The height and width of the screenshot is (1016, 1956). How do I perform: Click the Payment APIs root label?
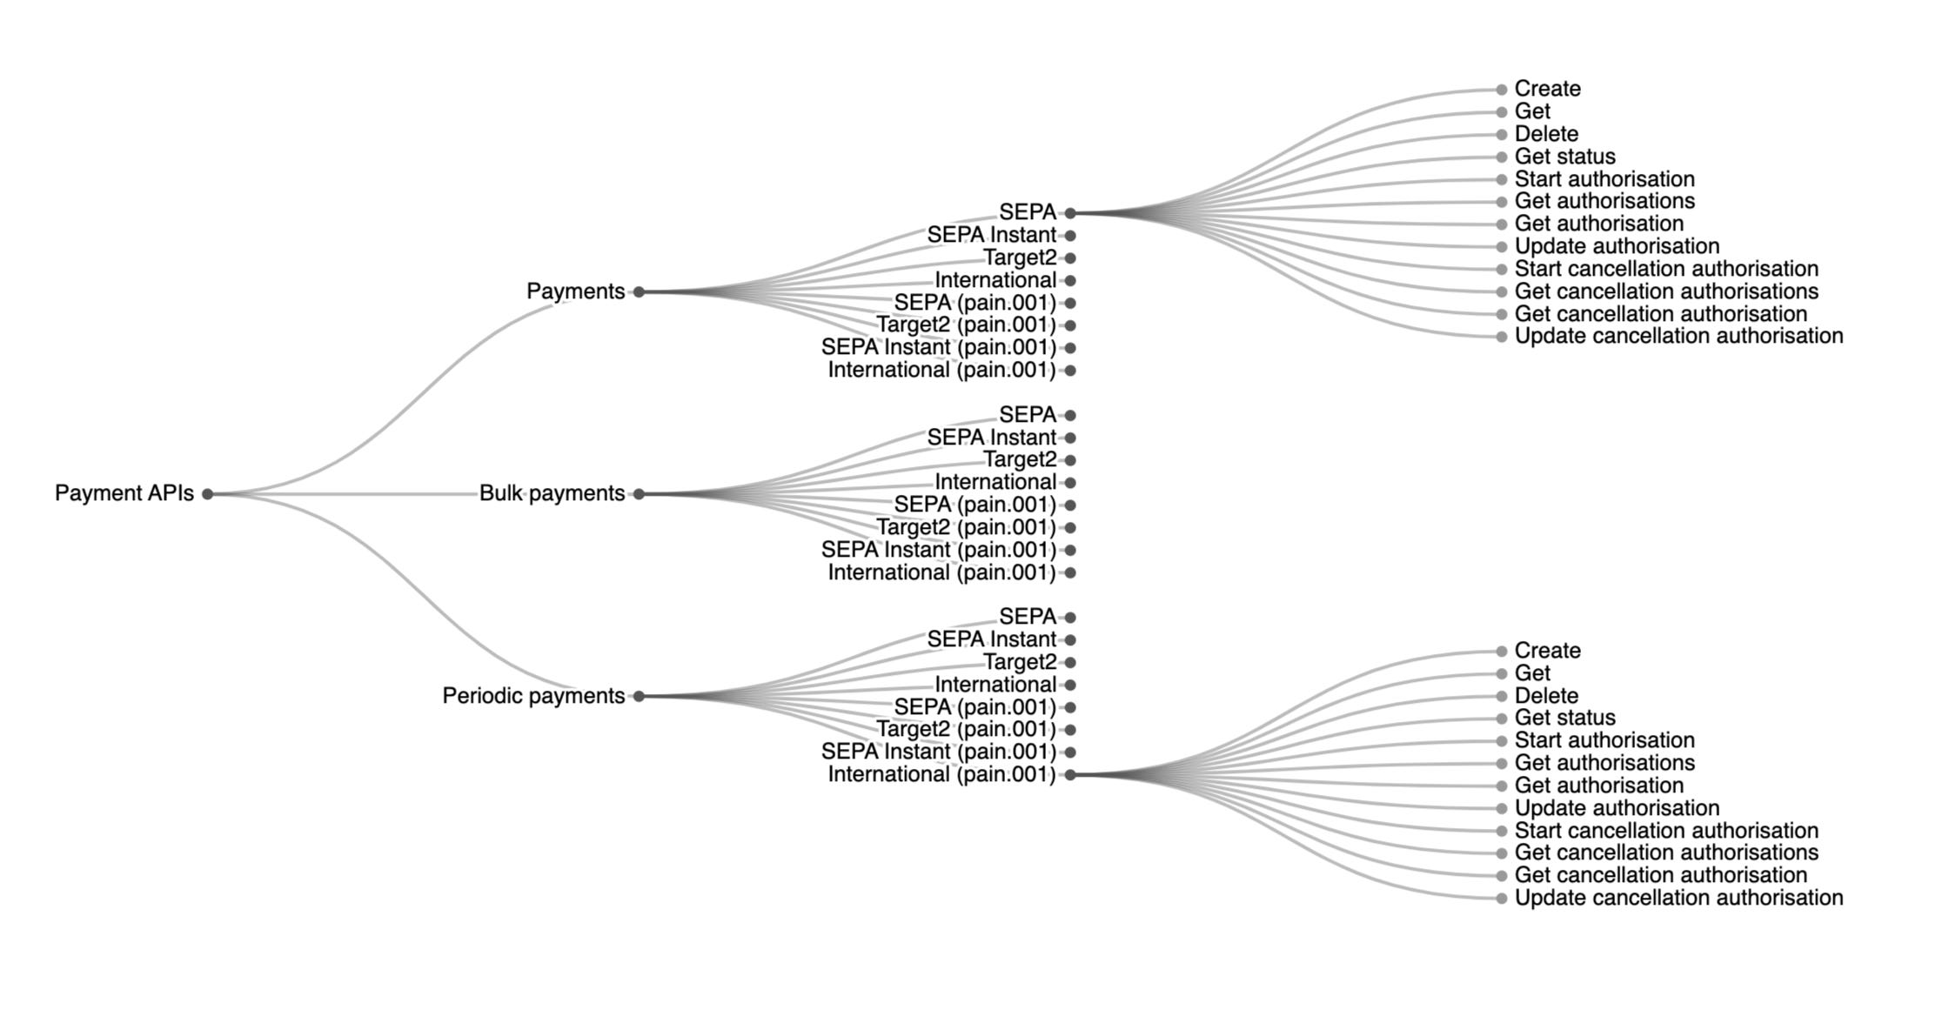point(124,493)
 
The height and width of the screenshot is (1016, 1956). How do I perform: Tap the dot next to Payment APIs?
point(207,494)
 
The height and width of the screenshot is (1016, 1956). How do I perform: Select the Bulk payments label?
point(552,493)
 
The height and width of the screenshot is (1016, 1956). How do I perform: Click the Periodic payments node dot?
point(639,696)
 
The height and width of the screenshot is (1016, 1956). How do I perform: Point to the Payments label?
point(575,291)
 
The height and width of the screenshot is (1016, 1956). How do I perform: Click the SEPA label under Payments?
point(1027,212)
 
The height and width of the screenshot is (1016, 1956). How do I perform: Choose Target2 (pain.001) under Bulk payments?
point(965,527)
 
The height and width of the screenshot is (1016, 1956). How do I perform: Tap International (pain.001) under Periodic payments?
point(941,774)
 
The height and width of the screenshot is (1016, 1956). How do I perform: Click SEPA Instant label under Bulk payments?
point(991,438)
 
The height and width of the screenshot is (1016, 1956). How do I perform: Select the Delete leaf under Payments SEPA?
point(1545,134)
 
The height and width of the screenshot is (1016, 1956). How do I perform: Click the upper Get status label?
point(1564,157)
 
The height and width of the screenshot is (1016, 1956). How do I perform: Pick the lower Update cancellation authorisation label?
point(1678,898)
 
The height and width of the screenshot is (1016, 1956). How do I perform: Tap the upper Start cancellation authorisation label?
point(1665,269)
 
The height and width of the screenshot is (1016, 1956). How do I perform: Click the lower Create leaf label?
point(1547,651)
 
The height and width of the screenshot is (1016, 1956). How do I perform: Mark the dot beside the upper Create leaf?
point(1501,90)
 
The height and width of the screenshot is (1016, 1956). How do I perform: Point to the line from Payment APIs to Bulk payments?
point(348,494)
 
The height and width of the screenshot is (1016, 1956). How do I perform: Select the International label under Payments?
point(995,280)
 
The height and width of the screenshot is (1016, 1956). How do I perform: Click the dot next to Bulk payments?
point(639,494)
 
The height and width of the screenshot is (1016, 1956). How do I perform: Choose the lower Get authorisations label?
point(1604,763)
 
